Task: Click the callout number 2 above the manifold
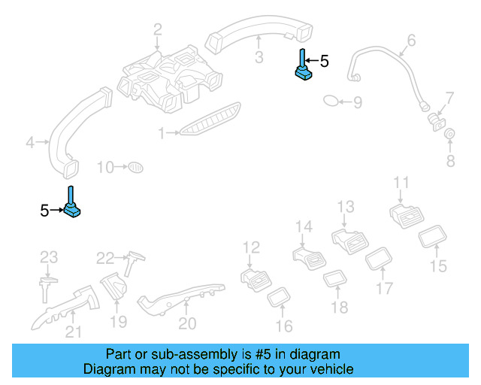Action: pyautogui.click(x=158, y=30)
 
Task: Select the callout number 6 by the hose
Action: pyautogui.click(x=411, y=40)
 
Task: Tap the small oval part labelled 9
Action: pyautogui.click(x=331, y=101)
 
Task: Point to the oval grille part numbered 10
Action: pyautogui.click(x=135, y=166)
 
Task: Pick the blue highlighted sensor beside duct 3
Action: pyautogui.click(x=302, y=68)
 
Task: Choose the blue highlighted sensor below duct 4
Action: pyautogui.click(x=72, y=206)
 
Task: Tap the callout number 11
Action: pyautogui.click(x=402, y=183)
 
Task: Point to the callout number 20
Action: pyautogui.click(x=187, y=323)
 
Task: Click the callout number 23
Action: pyautogui.click(x=49, y=257)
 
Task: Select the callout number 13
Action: pyautogui.click(x=345, y=207)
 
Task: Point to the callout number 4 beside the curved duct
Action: pyautogui.click(x=30, y=141)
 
